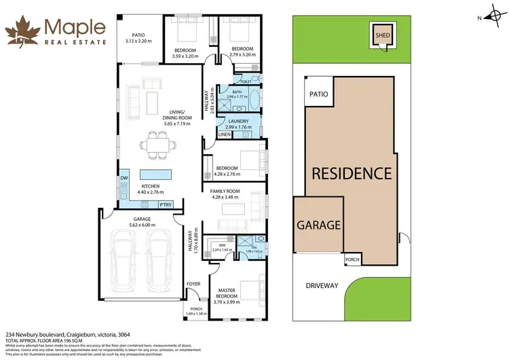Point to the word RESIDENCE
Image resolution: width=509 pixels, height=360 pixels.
(x=351, y=173)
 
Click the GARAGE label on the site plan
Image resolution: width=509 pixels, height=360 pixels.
(x=318, y=225)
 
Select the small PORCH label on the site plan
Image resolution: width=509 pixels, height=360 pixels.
(x=352, y=259)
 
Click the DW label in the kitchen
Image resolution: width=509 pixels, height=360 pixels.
(x=124, y=179)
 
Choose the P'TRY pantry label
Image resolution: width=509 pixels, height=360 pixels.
(x=164, y=204)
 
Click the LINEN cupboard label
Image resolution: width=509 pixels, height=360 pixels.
(x=224, y=134)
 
